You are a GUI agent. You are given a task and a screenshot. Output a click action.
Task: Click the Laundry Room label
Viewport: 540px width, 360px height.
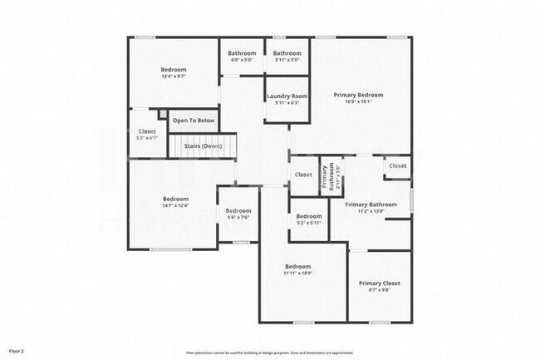287,96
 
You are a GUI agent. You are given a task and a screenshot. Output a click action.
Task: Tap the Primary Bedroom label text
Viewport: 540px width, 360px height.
358,95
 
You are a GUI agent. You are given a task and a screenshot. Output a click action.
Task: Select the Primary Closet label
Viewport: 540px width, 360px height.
379,283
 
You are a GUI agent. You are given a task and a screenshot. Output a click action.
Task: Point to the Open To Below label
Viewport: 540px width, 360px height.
194,121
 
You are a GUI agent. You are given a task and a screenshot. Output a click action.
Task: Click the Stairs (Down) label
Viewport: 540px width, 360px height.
201,145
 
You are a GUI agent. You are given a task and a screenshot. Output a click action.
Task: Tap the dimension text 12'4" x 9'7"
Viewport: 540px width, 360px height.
174,76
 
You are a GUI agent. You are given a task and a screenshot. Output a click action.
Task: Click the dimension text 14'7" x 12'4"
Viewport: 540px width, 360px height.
175,205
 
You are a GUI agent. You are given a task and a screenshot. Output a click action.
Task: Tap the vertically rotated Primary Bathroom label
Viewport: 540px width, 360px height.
332,175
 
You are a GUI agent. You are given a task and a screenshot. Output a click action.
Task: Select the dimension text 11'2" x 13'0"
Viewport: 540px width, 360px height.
371,211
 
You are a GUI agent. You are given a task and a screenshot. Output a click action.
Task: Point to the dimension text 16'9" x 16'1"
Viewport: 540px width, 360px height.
358,102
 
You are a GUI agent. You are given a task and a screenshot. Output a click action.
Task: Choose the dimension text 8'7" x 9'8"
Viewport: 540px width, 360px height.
379,290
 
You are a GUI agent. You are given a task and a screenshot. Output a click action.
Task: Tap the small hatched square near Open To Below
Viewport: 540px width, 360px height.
164,114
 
